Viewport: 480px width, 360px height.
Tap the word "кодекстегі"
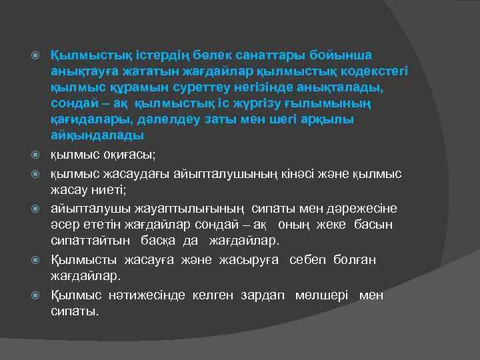[x=379, y=71]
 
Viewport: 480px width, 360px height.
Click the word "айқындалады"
[x=97, y=136]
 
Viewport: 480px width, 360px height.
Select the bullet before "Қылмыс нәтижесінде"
[x=39, y=296]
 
